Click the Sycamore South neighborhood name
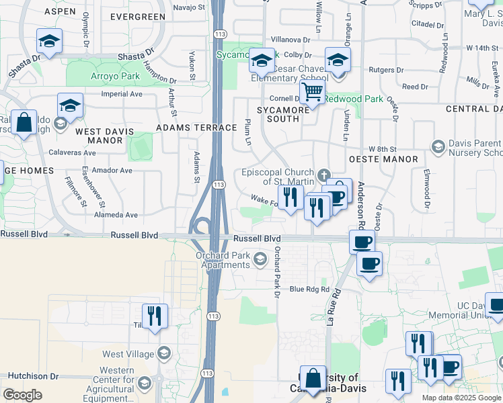[x=278, y=114]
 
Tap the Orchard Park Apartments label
[x=223, y=260]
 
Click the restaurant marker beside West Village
[x=155, y=316]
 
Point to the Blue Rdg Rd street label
[x=309, y=289]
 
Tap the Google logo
[x=23, y=395]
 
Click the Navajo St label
[x=188, y=7]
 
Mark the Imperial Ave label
[x=122, y=94]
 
